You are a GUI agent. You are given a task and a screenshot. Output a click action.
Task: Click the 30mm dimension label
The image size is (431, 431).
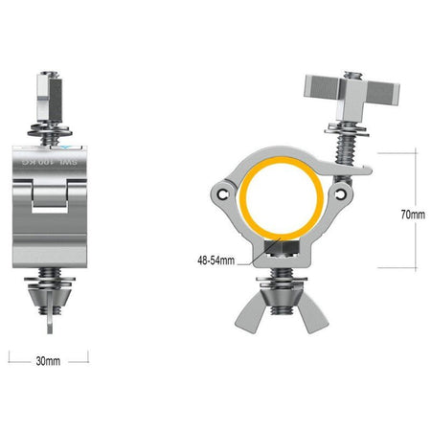click(48, 361)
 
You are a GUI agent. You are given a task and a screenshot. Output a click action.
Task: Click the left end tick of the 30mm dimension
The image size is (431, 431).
click(10, 355)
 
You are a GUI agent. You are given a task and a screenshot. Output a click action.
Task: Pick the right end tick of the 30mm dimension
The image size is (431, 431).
click(88, 355)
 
